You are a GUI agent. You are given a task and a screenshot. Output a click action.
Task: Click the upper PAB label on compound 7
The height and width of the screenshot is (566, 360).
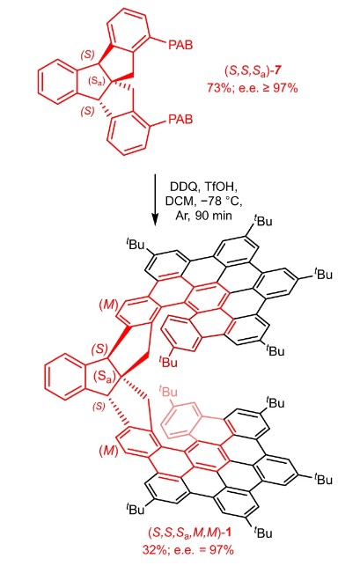[180, 45]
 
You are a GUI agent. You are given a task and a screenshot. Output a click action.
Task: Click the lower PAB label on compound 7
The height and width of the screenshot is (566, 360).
[180, 119]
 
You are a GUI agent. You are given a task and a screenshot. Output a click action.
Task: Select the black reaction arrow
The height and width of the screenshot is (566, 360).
[155, 200]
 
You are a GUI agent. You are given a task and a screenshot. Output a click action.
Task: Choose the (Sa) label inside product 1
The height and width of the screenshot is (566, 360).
[105, 376]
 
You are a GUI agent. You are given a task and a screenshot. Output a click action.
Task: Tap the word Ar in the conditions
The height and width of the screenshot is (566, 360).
[181, 215]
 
